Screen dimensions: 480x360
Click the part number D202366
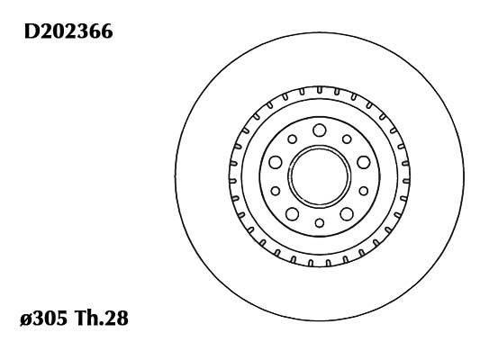(68, 31)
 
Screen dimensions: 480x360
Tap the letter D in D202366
(32, 31)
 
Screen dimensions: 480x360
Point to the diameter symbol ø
(26, 319)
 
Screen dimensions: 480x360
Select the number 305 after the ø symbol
(50, 318)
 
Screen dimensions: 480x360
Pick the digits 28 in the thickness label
(116, 318)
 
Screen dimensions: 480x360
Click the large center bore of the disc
(320, 176)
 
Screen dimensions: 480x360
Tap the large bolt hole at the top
(320, 130)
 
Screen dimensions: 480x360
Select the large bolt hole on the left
(276, 162)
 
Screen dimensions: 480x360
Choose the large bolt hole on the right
(364, 162)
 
